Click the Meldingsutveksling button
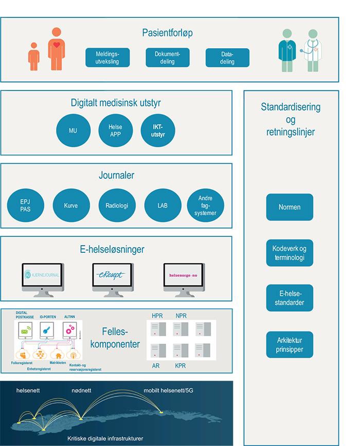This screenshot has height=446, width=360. click(107, 58)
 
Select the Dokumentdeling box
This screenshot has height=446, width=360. click(168, 58)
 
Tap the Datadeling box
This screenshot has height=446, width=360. click(227, 58)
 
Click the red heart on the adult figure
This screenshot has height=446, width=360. click(58, 45)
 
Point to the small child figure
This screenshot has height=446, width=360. click(34, 57)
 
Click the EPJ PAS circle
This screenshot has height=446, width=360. click(25, 206)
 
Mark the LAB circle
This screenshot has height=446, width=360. click(163, 206)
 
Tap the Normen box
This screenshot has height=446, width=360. click(290, 207)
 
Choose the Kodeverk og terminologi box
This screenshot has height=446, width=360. click(290, 253)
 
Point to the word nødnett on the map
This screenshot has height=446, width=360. click(82, 391)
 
